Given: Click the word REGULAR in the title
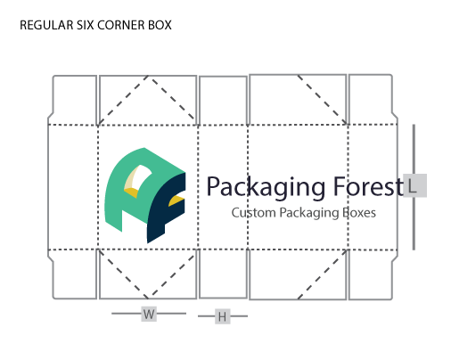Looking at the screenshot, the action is click(x=47, y=25).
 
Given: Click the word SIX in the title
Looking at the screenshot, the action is click(x=86, y=25).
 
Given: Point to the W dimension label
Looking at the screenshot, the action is click(x=149, y=314).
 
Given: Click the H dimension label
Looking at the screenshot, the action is click(x=223, y=316).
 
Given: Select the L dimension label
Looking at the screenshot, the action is click(x=415, y=185).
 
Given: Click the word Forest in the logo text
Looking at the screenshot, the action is click(x=368, y=186).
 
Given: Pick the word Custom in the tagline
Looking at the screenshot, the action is click(x=254, y=213).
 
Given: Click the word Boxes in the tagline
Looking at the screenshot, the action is click(x=359, y=213).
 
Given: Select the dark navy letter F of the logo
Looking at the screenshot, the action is click(x=166, y=208).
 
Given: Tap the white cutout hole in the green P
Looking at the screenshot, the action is click(x=142, y=177).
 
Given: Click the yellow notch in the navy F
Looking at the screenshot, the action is click(x=176, y=200).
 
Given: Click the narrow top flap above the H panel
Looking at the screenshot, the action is click(x=223, y=100).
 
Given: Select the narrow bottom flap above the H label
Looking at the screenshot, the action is click(x=223, y=274).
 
